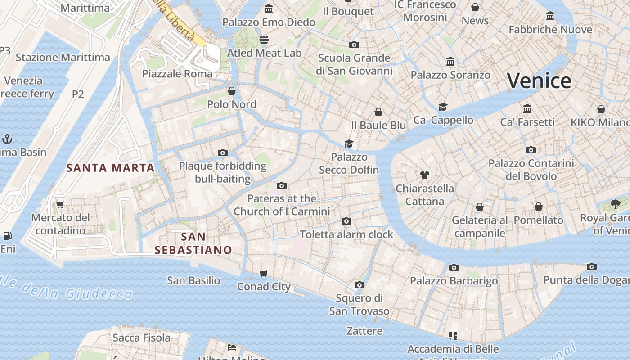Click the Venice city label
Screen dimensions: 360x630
539,81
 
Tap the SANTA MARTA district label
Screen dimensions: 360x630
111,168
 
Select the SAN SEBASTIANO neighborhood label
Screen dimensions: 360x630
193,243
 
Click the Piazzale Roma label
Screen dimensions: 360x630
177,74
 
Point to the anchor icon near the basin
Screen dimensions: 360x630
7,139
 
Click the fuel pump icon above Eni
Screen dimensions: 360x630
7,235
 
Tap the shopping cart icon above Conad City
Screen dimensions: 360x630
264,273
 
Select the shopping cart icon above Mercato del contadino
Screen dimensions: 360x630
60,204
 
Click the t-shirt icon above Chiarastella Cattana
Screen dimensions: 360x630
425,175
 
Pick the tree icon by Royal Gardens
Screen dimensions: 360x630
615,204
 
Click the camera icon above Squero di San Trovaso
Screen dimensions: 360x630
359,285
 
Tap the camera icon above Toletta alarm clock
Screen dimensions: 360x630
346,221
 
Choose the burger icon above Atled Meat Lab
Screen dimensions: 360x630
264,40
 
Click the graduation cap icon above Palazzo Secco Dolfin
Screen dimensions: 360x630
349,144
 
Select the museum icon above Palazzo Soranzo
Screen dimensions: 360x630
450,61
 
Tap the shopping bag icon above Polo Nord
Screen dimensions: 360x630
231,91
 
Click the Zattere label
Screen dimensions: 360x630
364,331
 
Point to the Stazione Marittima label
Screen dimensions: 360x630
63,58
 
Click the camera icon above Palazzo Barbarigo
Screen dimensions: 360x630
454,268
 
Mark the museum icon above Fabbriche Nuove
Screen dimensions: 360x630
550,16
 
